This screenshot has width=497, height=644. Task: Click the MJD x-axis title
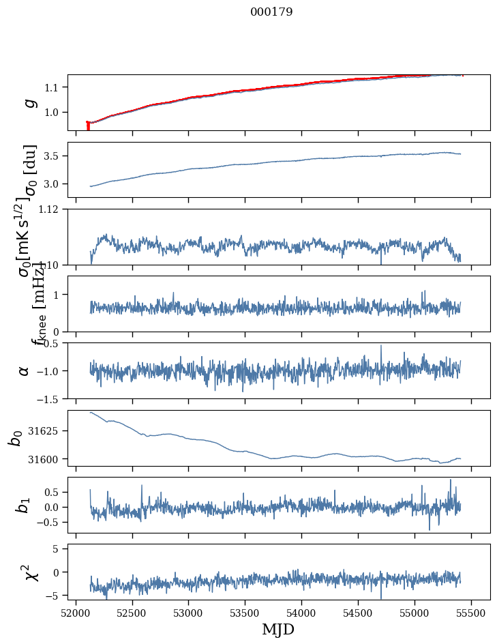(x=278, y=629)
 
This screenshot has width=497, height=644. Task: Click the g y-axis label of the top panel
(x=29, y=103)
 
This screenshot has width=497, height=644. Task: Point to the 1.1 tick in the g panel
(x=53, y=87)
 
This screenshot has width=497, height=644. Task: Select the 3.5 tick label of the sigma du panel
(x=53, y=156)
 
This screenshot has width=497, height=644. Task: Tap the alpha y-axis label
(x=25, y=370)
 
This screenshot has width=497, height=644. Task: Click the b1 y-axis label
(x=25, y=505)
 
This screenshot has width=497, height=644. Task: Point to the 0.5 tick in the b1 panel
(x=53, y=493)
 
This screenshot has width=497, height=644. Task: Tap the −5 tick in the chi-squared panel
(x=55, y=596)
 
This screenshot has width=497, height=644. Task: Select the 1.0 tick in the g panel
(x=53, y=113)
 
